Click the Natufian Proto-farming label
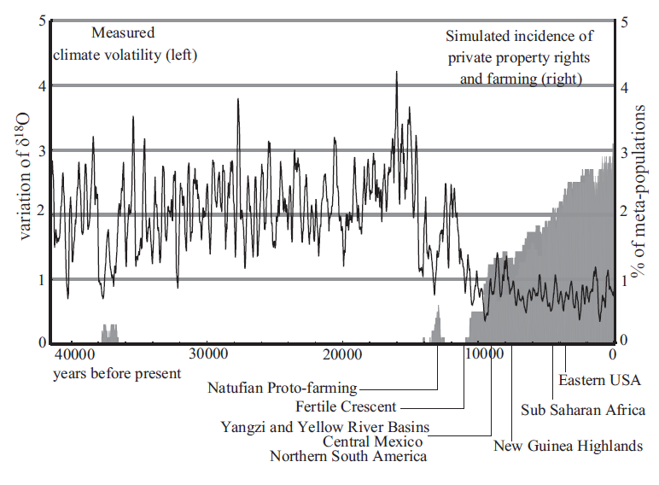(x=282, y=388)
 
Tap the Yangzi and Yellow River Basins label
(x=324, y=426)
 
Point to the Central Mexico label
(x=373, y=441)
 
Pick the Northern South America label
(x=348, y=457)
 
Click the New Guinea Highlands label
(x=568, y=446)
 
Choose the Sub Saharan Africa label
(x=583, y=410)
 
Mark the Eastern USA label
(x=599, y=379)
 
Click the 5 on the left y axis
(x=43, y=20)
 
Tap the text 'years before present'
(x=117, y=373)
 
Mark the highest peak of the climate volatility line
(x=396, y=73)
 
